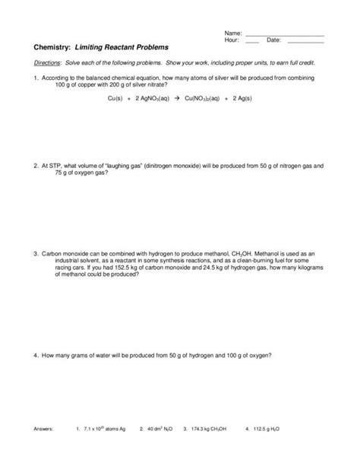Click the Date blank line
point(303,42)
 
